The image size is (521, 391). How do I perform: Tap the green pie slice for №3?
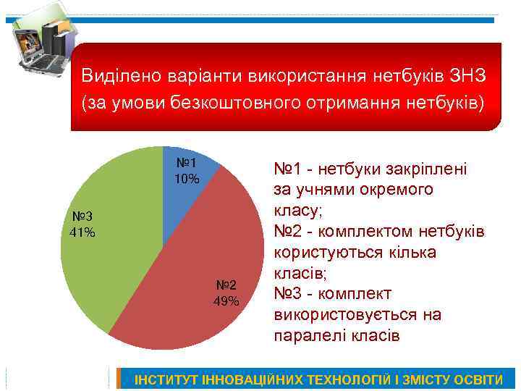click(109, 261)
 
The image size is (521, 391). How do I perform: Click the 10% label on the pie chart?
click(187, 178)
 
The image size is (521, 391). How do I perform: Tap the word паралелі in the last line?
click(308, 336)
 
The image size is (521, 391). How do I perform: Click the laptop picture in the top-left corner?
click(40, 43)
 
